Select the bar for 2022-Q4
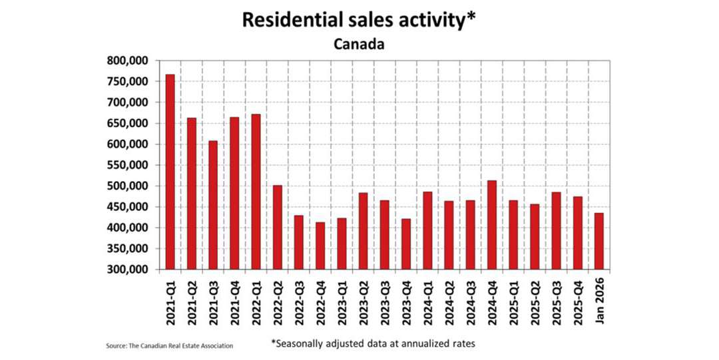point(320,246)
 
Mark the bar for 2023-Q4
point(406,244)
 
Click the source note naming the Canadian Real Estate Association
point(169,345)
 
